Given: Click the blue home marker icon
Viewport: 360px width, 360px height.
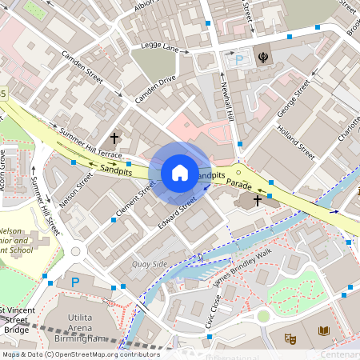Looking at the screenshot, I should pyautogui.click(x=180, y=173).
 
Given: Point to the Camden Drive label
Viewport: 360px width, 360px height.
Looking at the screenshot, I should pyautogui.click(x=155, y=89).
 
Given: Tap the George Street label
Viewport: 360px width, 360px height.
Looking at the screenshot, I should pyautogui.click(x=293, y=98).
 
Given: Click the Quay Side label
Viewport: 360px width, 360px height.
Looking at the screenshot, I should pyautogui.click(x=150, y=263).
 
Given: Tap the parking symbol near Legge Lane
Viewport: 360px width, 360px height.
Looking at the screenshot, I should pyautogui.click(x=237, y=59).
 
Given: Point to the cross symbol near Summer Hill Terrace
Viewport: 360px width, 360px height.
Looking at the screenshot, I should pyautogui.click(x=114, y=138).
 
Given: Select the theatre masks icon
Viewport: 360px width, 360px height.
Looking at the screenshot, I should pyautogui.click(x=291, y=338).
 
